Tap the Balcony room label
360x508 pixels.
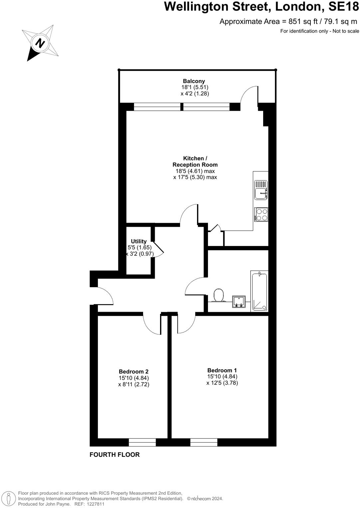coord(194,81)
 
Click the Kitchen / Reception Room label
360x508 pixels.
coord(195,162)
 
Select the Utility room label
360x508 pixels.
coord(139,241)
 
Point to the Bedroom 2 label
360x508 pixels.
coord(133,372)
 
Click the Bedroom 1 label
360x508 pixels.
coord(222,370)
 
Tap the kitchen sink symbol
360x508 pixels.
coord(261,190)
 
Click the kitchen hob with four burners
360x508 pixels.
coord(261,214)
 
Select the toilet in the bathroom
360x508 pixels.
coord(219,295)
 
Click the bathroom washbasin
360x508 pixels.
coord(239,301)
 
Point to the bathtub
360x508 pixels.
coord(260,291)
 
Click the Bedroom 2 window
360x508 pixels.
coord(142,442)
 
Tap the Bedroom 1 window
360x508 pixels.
coord(204,442)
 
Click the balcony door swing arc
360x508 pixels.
coord(249,95)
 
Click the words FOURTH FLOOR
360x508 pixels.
coord(114,455)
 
